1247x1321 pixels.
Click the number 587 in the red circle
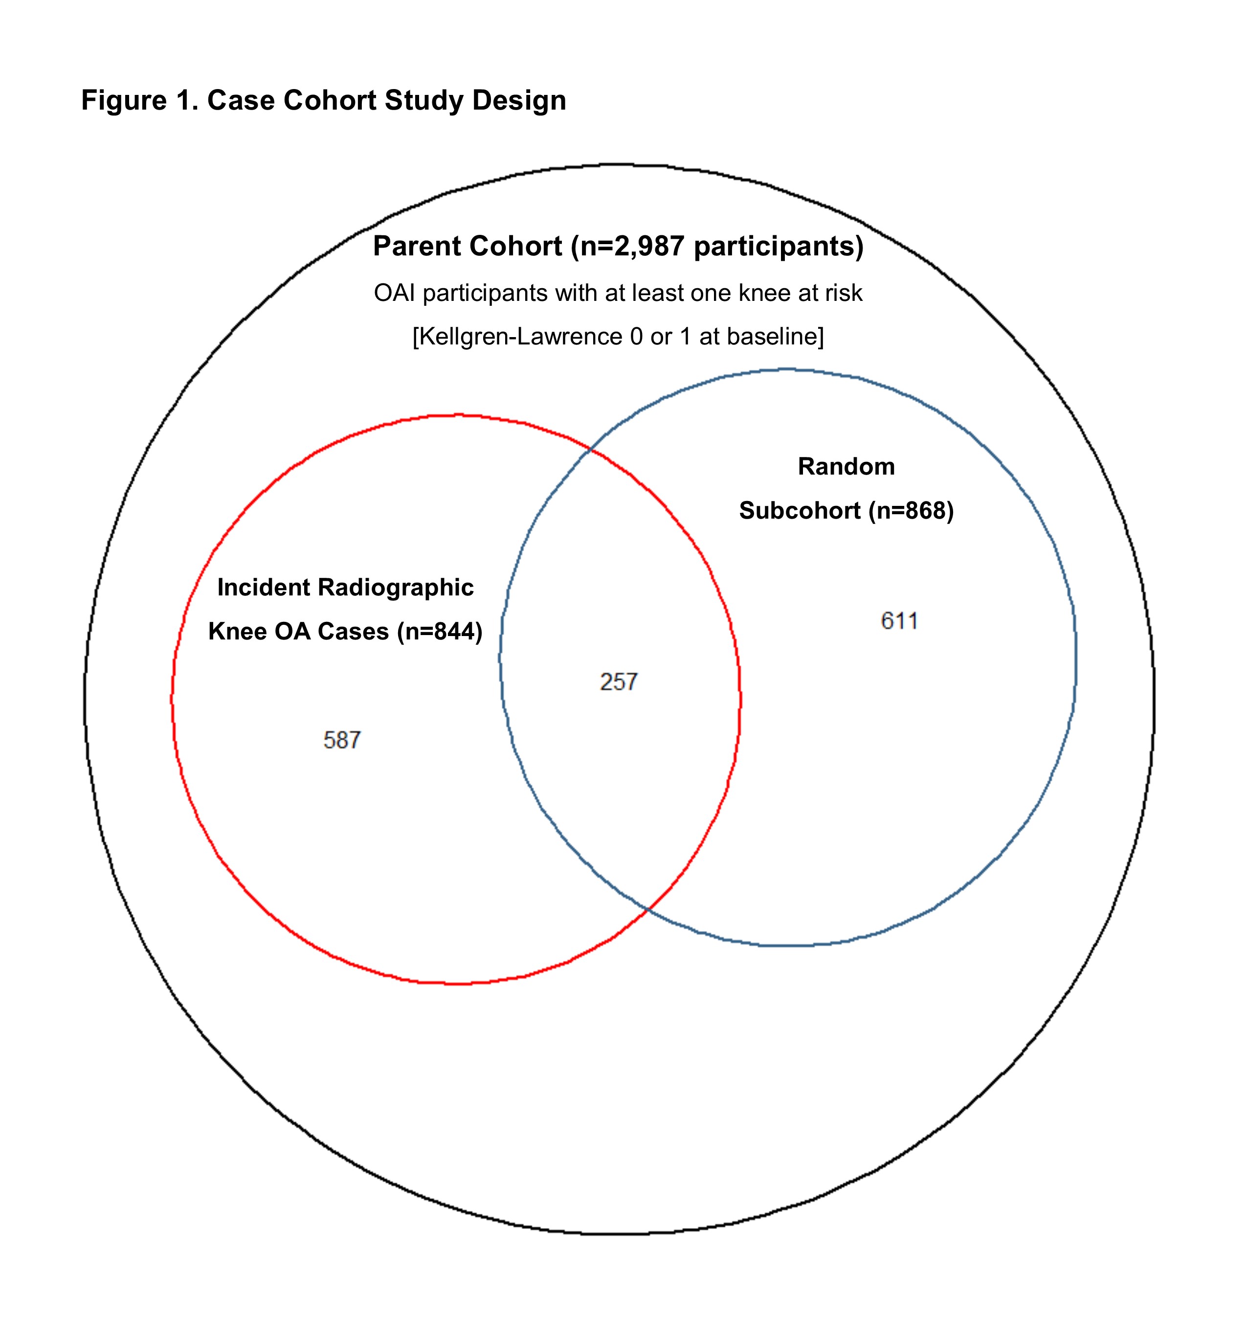coord(342,740)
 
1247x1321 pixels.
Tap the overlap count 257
coord(618,682)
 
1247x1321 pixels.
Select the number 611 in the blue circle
coord(899,621)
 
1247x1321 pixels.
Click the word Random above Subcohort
coord(846,467)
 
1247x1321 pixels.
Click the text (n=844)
coord(440,631)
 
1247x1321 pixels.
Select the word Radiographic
coord(396,588)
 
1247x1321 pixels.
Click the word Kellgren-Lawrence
coord(520,337)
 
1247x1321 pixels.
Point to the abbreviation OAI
coord(394,294)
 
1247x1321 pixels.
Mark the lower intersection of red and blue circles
coord(648,908)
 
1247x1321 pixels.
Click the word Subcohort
coord(801,511)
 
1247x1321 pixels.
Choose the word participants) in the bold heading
coord(779,247)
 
